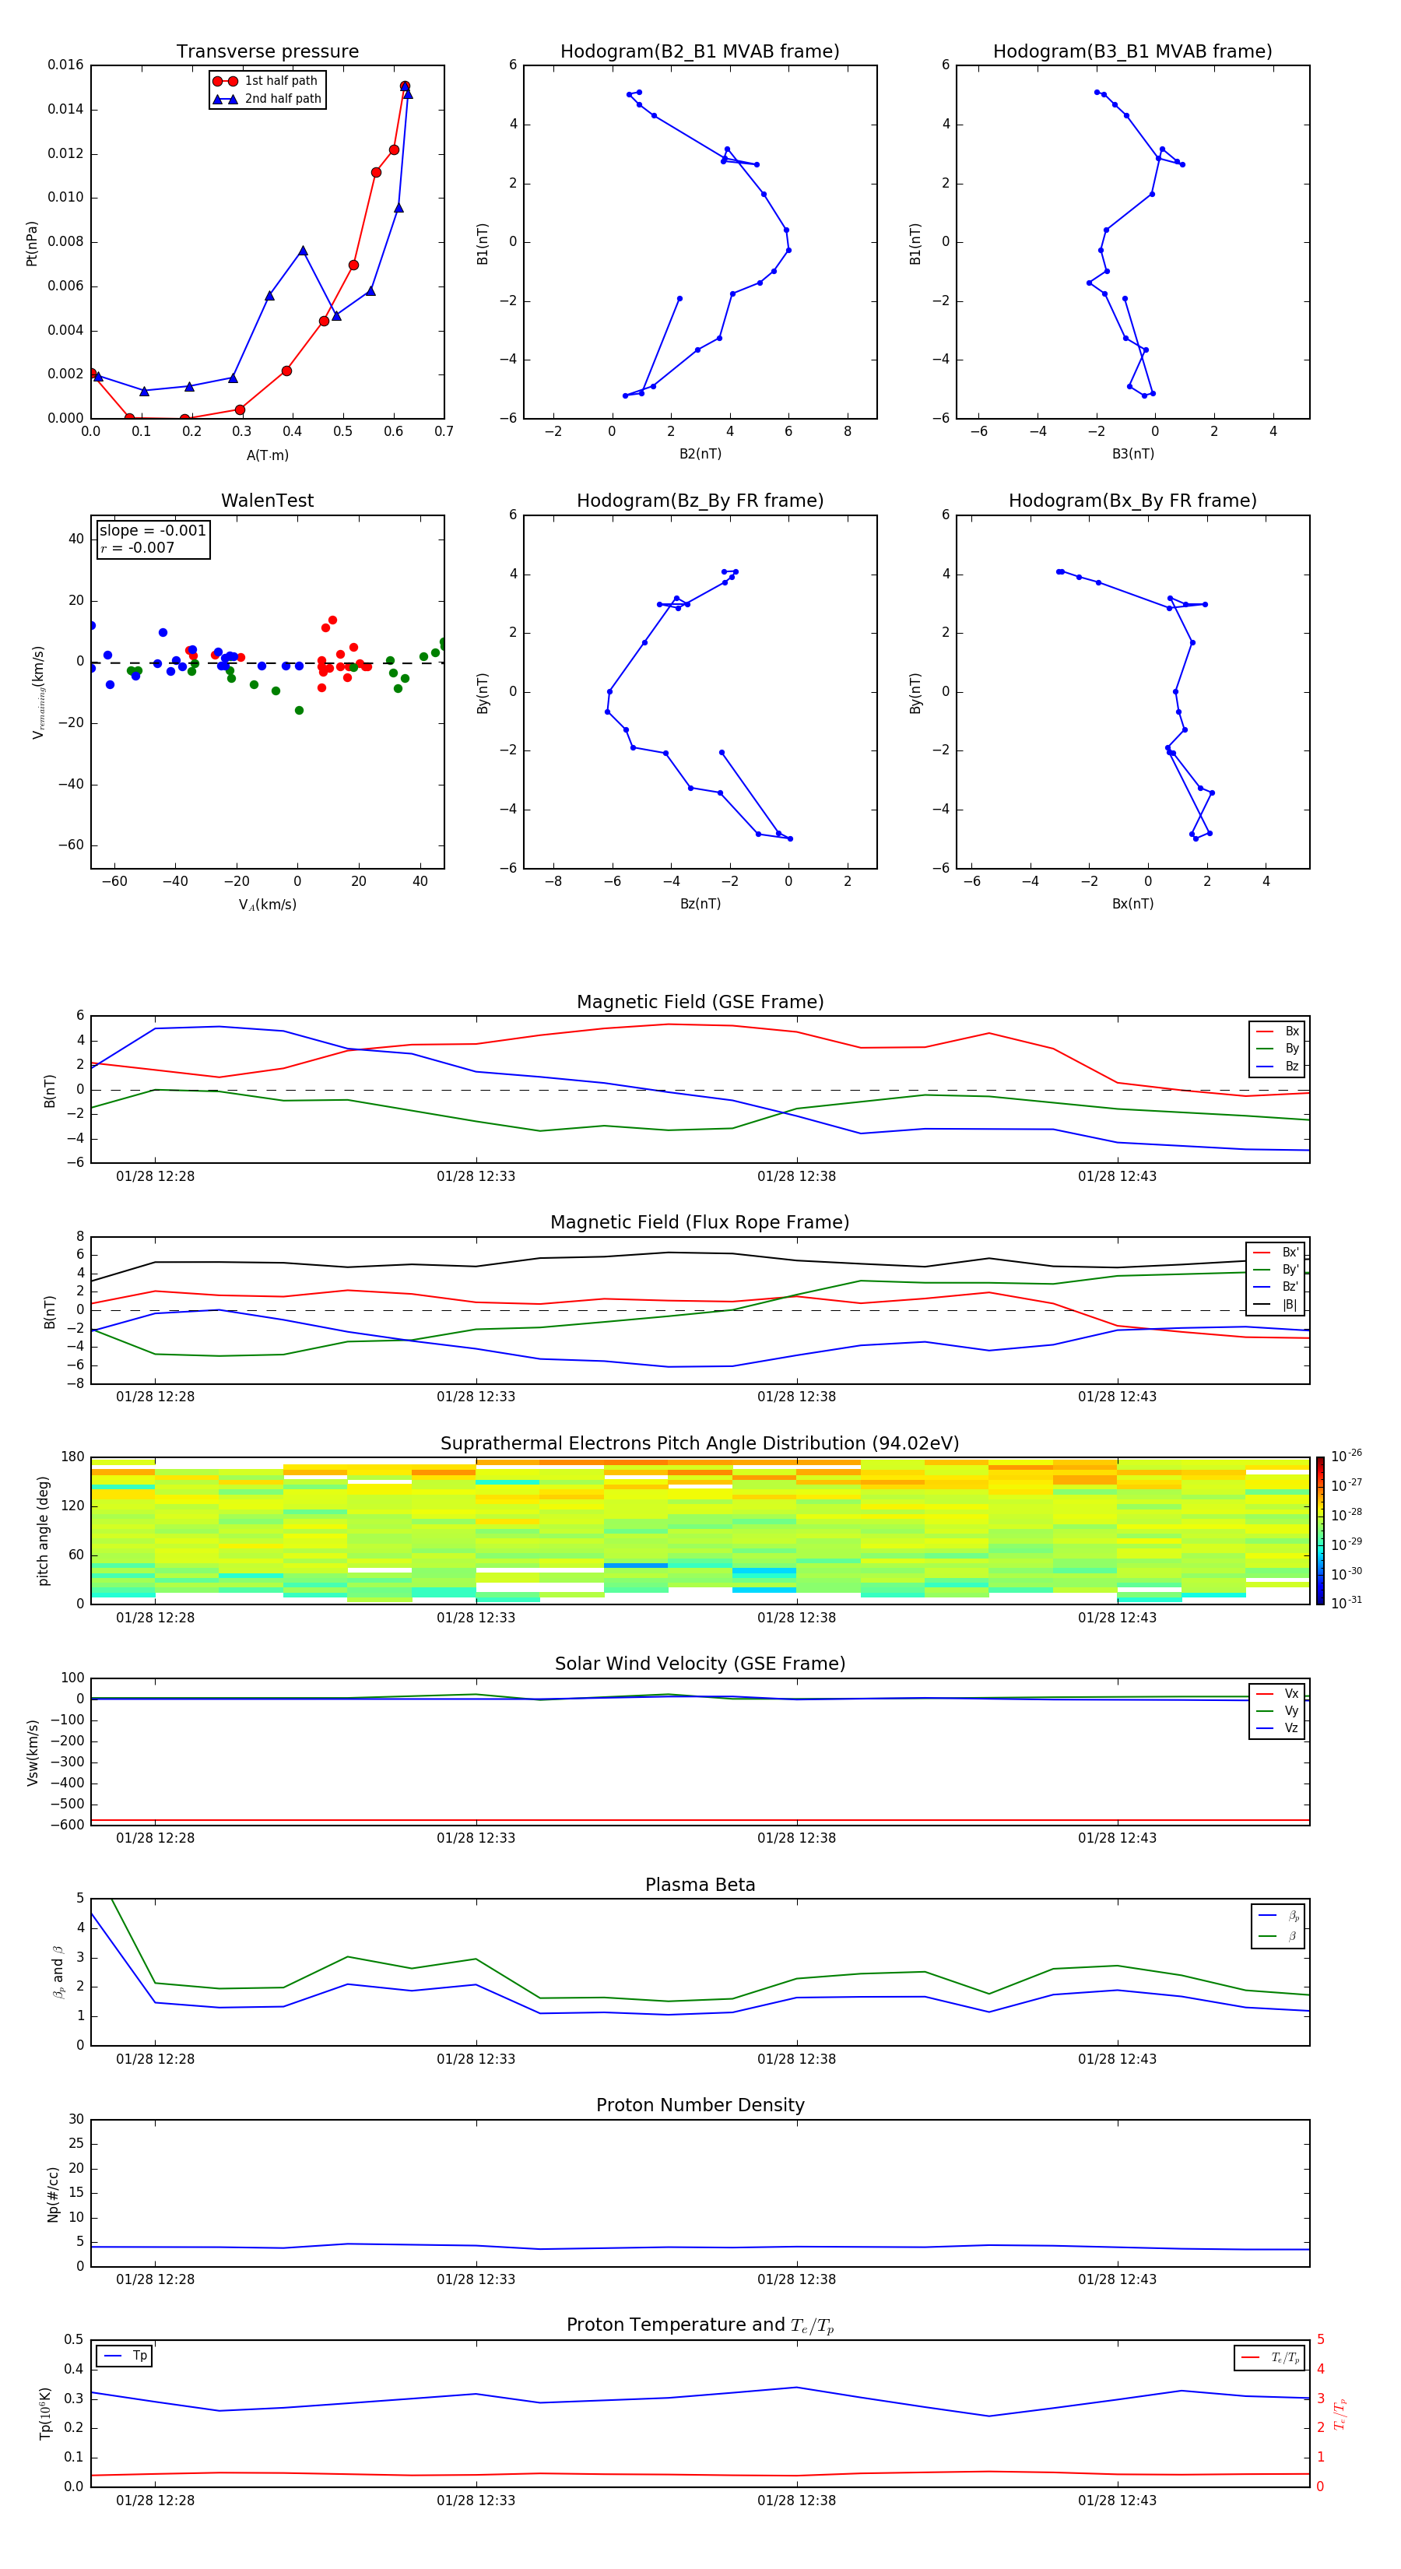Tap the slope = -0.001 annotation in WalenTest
click(153, 531)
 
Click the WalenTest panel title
click(267, 501)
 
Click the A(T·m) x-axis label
click(267, 455)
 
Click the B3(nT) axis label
click(1132, 454)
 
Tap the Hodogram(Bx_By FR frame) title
click(1132, 501)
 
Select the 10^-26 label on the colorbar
click(1347, 1456)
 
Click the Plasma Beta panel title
click(699, 1885)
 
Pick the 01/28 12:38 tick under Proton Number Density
click(795, 2279)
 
